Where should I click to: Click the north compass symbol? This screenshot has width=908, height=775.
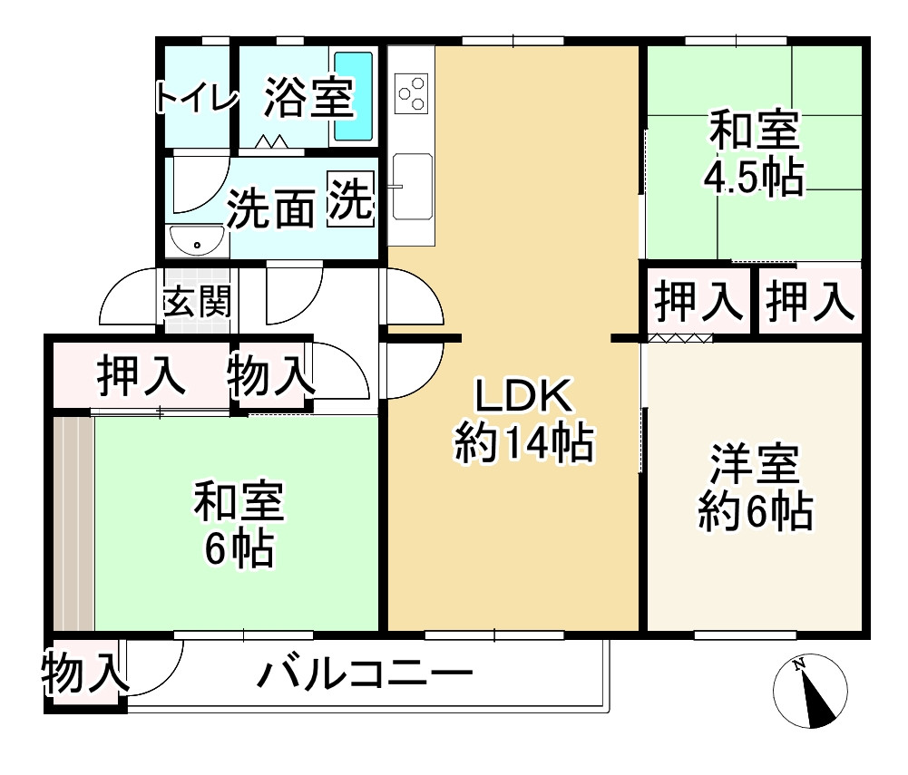811,691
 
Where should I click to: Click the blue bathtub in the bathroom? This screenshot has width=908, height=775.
354,96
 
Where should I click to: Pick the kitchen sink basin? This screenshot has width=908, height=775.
413,187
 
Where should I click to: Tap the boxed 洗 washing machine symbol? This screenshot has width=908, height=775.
351,200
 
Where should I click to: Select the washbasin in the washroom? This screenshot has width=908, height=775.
196,241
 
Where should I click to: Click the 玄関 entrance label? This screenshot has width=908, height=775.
196,302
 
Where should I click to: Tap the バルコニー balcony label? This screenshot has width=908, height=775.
365,675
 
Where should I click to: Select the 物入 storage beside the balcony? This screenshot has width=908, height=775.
83,674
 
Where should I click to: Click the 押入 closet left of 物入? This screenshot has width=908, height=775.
142,375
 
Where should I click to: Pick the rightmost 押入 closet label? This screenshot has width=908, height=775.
809,301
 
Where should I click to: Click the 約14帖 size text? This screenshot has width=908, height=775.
523,443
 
